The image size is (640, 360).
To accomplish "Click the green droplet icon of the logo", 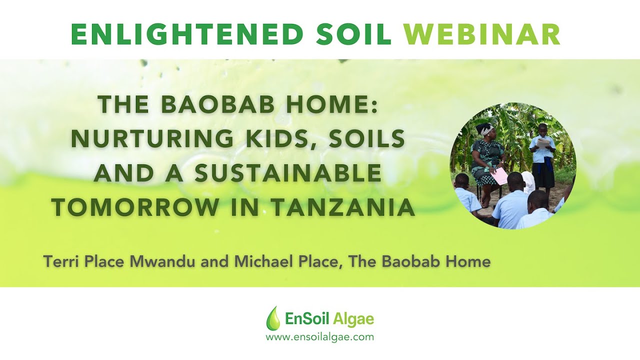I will [x=273, y=318].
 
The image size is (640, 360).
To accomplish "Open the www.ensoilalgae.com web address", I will [x=319, y=337].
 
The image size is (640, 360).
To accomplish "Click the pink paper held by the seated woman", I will [x=499, y=176].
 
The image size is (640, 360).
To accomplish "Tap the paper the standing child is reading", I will [x=543, y=143].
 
